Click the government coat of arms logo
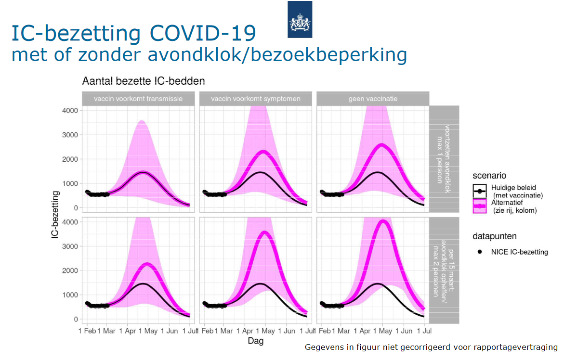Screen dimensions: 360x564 (300, 19)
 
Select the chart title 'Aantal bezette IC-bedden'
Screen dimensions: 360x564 (143, 81)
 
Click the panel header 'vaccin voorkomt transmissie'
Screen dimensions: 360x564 (138, 99)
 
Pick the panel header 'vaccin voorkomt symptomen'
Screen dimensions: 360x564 (256, 99)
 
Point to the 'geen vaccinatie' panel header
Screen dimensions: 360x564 (373, 99)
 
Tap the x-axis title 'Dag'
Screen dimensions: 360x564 (256, 341)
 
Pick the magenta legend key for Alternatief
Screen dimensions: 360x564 (481, 206)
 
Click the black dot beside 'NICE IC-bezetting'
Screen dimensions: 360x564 (481, 252)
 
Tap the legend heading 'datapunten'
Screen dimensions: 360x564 (494, 236)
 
